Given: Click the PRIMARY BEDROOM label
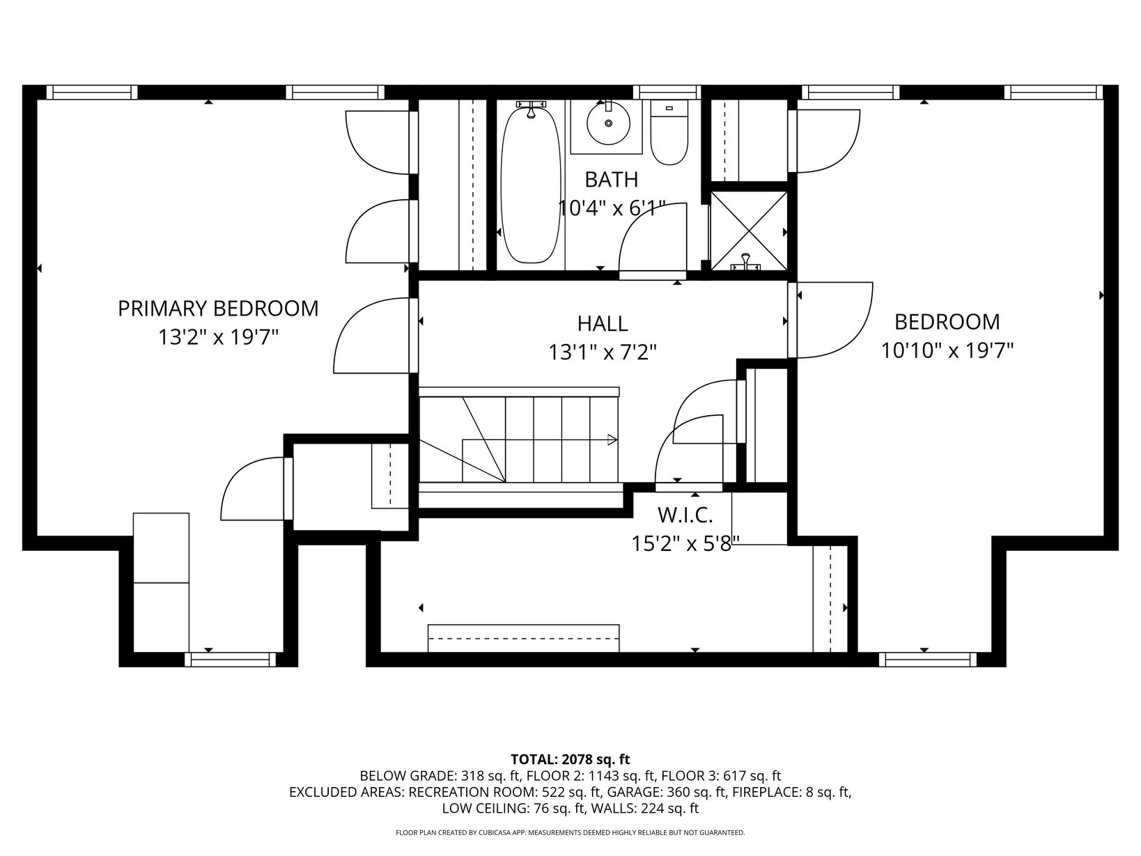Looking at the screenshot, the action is (218, 309).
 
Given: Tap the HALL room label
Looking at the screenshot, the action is (603, 324).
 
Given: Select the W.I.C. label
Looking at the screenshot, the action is (685, 515).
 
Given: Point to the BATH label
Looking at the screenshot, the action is (612, 180).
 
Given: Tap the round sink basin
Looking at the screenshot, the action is (608, 124).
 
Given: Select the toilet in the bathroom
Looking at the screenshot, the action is (669, 132).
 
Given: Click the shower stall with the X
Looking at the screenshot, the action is (749, 231).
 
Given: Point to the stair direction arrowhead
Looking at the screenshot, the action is (612, 440).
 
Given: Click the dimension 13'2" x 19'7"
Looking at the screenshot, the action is (218, 338).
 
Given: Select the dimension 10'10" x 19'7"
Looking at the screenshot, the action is (947, 351).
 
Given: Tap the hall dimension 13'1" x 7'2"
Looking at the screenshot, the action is (603, 353).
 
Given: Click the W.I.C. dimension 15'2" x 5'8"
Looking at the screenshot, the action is (685, 544).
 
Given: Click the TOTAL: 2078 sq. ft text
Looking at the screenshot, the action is (570, 760).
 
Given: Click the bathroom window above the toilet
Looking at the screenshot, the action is (667, 93).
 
